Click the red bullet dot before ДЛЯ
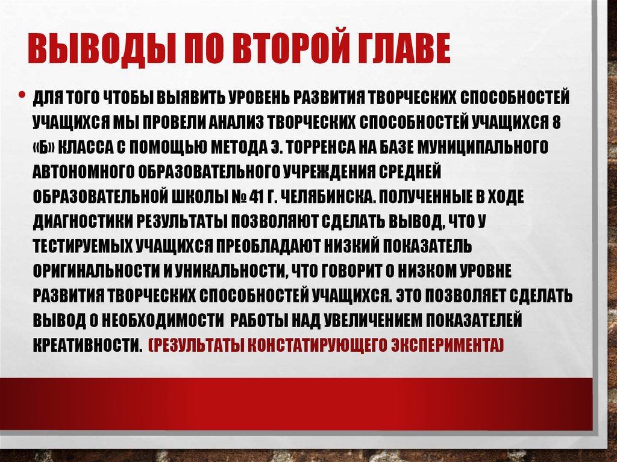22,96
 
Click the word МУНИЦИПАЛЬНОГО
485,146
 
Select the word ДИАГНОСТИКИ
84,222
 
